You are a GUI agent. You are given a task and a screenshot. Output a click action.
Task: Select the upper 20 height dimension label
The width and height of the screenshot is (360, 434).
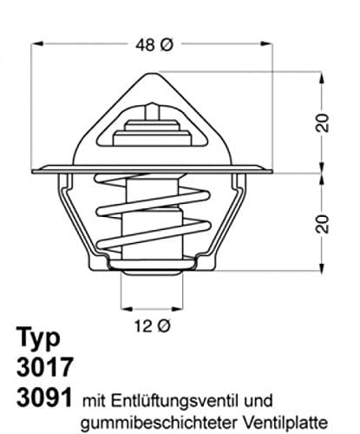pyautogui.click(x=324, y=123)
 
